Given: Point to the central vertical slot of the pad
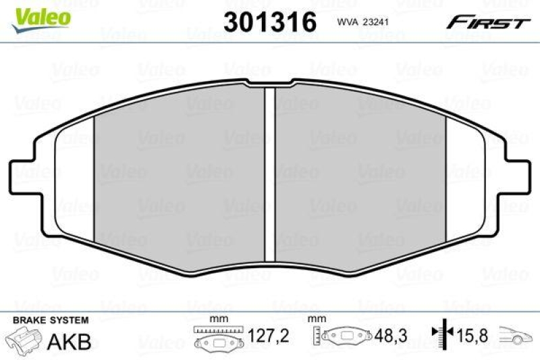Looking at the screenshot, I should tap(270, 175).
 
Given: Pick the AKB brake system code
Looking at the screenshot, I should tap(69, 341).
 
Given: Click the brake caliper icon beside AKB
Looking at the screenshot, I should tap(23, 338).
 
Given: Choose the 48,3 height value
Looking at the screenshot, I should tap(389, 336).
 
